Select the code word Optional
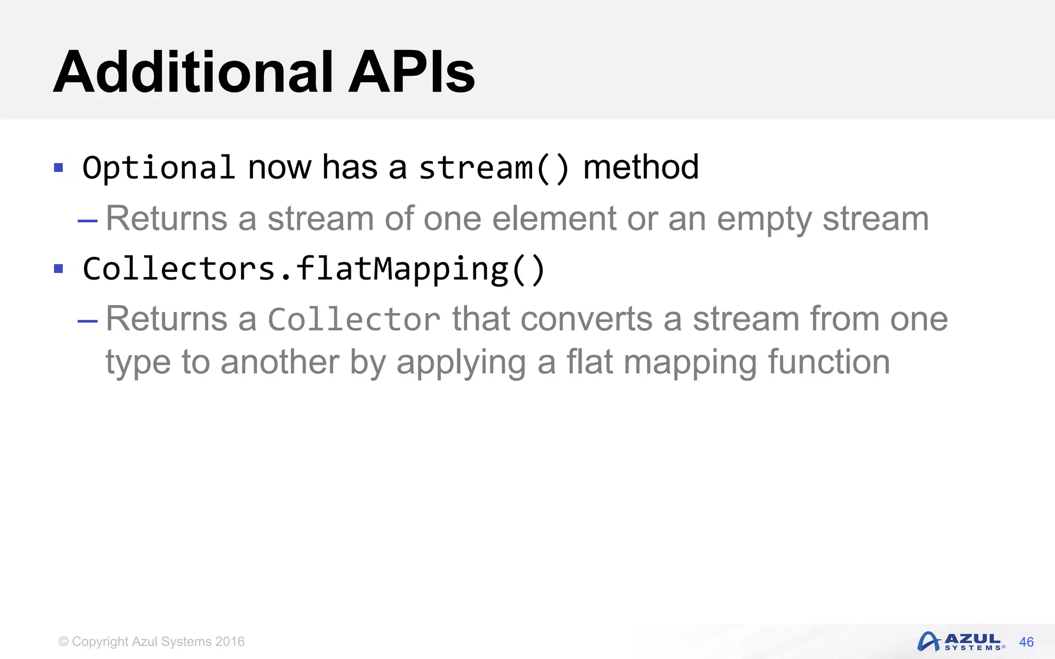pyautogui.click(x=159, y=167)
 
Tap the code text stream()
pyautogui.click(x=494, y=167)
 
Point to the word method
pyautogui.click(x=641, y=167)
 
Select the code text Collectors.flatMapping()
pyautogui.click(x=313, y=269)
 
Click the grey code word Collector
pyautogui.click(x=354, y=319)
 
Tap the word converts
pyautogui.click(x=586, y=319)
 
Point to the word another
pyautogui.click(x=279, y=361)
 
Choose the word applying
pyautogui.click(x=461, y=362)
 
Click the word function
pyautogui.click(x=829, y=361)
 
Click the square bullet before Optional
pyautogui.click(x=59, y=167)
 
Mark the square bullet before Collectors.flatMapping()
pyautogui.click(x=59, y=268)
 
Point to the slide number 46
pyautogui.click(x=1026, y=642)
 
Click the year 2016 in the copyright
pyautogui.click(x=230, y=641)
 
